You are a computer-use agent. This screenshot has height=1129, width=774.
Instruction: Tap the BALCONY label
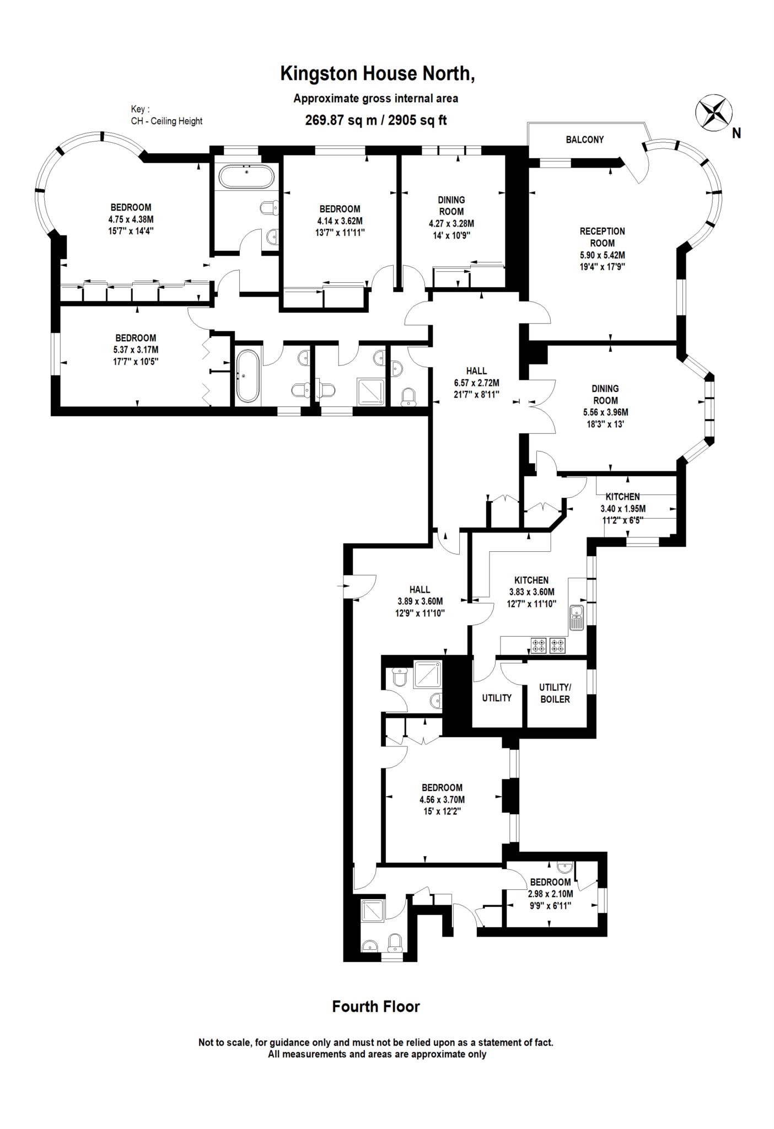584,140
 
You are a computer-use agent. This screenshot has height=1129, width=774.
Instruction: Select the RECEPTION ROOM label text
602,237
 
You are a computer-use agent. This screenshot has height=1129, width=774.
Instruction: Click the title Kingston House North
378,73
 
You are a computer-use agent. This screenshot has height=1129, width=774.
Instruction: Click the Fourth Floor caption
376,1007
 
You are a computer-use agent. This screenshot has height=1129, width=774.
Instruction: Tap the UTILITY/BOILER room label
555,693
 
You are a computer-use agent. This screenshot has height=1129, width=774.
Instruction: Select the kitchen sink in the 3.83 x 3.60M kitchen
577,617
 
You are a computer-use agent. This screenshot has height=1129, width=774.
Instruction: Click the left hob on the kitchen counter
538,646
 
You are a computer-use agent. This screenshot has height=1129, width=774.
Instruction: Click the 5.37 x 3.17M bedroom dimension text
136,350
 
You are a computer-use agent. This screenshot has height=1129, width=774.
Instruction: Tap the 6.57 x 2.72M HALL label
476,383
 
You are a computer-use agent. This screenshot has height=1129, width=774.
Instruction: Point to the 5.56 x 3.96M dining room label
605,412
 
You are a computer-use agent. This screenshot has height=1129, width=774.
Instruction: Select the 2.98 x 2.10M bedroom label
550,894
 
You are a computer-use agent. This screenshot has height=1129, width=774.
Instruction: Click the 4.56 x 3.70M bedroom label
442,799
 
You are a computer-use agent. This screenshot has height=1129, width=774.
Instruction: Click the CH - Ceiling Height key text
166,121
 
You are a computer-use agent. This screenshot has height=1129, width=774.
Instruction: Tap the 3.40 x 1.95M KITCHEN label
622,508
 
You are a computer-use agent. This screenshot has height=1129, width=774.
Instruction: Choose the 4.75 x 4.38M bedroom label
131,219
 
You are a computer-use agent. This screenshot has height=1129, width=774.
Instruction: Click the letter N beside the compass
737,133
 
